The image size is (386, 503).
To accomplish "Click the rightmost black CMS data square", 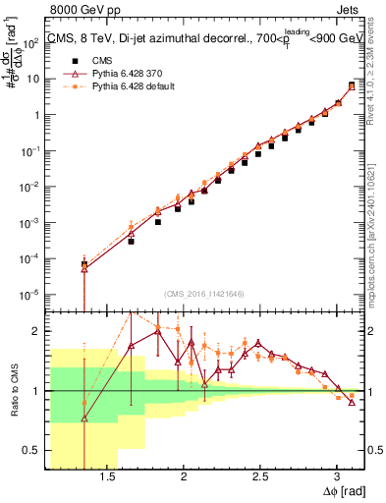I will (352, 85).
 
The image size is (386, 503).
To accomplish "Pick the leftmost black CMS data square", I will (84, 264).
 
